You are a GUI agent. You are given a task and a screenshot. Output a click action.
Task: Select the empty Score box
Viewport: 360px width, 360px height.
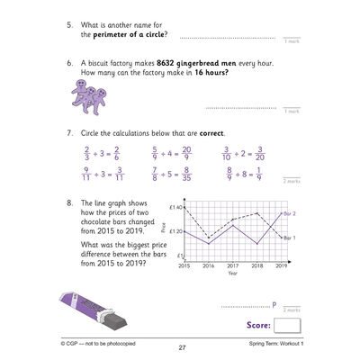point(288,326)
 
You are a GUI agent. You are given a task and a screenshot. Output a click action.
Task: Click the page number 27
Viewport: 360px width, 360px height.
point(181,348)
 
